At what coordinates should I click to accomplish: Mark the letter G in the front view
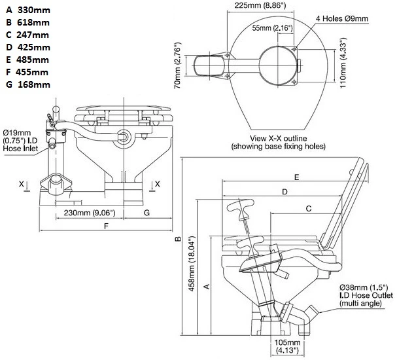[146, 213]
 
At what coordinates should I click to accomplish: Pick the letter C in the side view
[307, 208]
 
